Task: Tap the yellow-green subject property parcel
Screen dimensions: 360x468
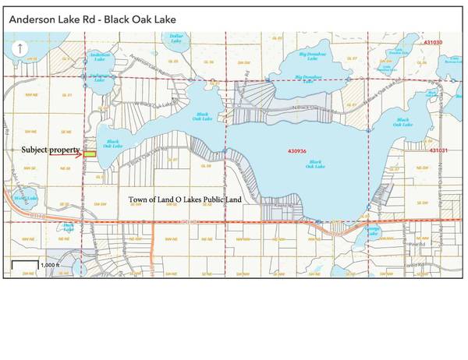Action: tap(90, 154)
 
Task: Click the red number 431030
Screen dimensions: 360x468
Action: tap(431, 42)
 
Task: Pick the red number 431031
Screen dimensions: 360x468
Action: tap(440, 149)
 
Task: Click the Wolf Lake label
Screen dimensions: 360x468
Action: tap(21, 199)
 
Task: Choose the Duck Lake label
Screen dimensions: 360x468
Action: tap(69, 228)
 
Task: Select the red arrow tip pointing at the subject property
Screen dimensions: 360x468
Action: tap(83, 154)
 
